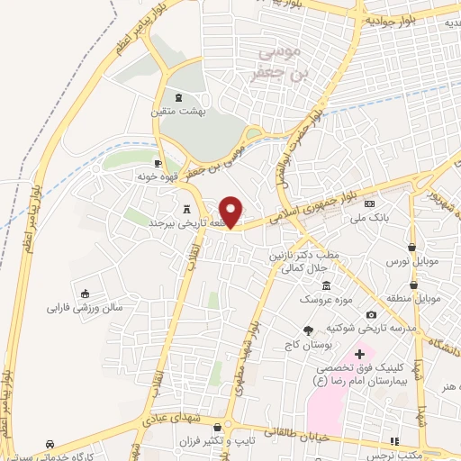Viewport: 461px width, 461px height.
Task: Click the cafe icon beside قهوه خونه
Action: point(158,163)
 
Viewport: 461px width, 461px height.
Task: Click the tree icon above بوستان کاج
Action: point(309,330)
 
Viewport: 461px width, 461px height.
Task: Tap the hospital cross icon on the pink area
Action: point(360,355)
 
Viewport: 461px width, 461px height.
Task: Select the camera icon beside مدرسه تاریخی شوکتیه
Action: point(370,315)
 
